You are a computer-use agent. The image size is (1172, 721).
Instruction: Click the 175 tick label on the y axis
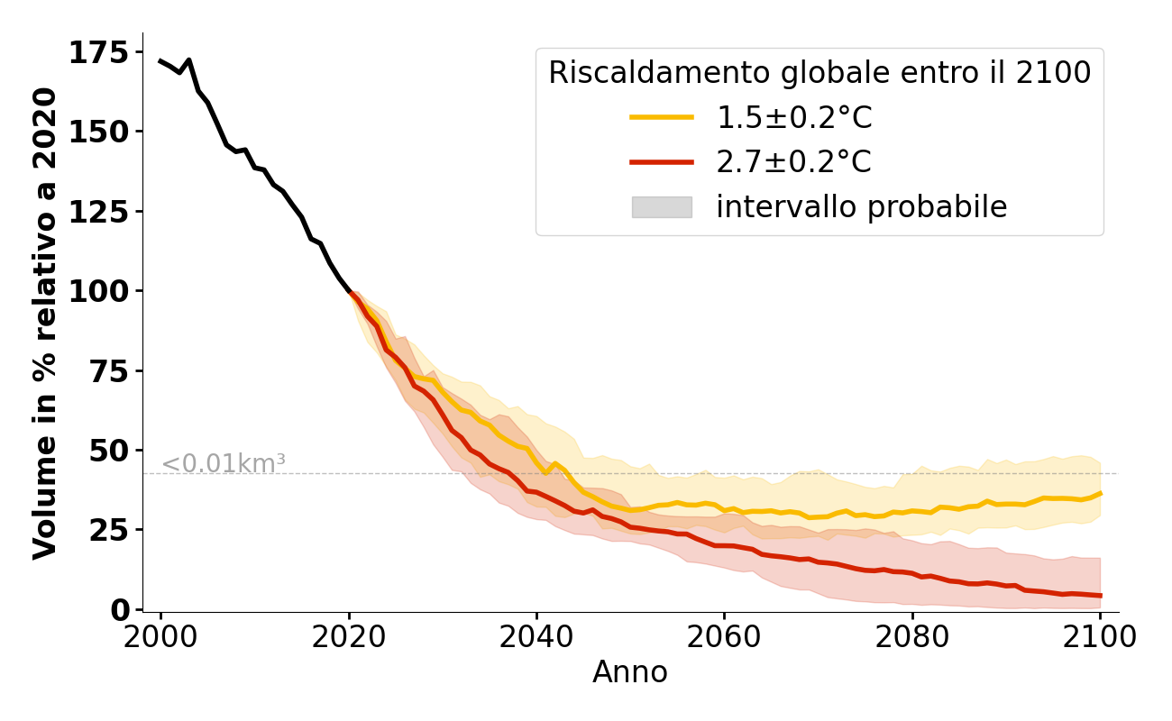(100, 54)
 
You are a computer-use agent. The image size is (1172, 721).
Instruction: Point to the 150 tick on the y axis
(100, 132)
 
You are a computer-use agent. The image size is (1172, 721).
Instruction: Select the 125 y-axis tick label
(100, 212)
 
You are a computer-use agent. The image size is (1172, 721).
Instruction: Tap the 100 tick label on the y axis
(100, 291)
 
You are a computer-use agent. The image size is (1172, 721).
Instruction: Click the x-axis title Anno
(630, 672)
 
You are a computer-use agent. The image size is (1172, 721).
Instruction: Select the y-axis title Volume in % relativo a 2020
(45, 323)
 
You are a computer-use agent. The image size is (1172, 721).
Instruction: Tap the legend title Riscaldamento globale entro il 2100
(819, 73)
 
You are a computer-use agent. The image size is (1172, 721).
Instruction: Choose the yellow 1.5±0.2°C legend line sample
(662, 117)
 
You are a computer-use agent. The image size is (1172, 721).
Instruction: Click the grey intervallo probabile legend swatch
(662, 207)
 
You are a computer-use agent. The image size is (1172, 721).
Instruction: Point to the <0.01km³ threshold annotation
(224, 464)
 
